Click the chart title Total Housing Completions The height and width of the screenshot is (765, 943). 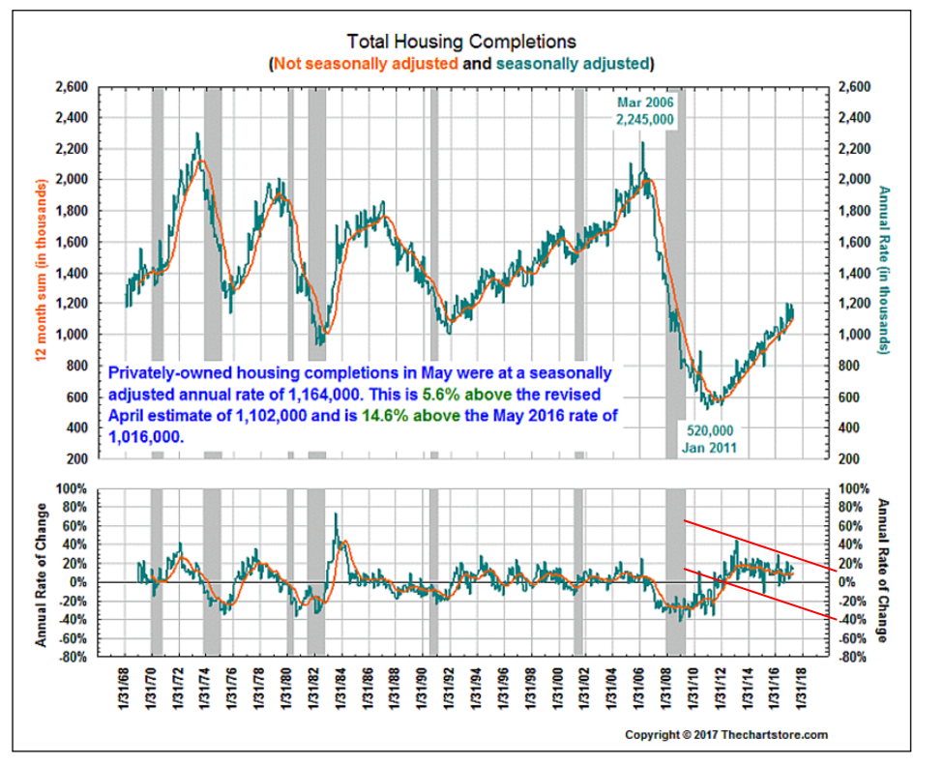click(x=461, y=42)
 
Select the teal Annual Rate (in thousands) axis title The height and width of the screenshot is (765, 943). click(x=882, y=268)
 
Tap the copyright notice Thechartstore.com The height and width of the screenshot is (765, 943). click(x=725, y=735)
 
